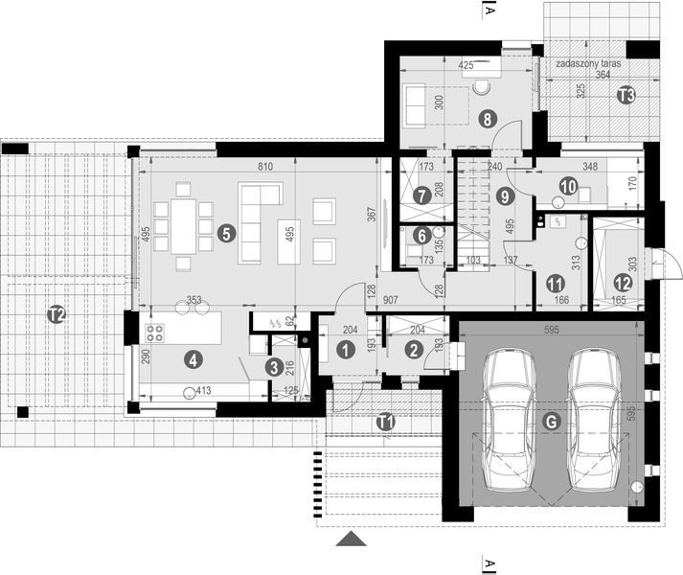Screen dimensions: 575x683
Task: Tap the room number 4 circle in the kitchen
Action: tap(194, 360)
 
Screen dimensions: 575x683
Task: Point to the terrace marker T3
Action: tap(625, 95)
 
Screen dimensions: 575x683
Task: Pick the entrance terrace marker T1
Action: tap(384, 421)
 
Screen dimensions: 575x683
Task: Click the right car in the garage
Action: tap(594, 419)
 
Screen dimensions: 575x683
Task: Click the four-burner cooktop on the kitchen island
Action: tap(154, 333)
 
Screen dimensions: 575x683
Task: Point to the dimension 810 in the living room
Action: tap(265, 168)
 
